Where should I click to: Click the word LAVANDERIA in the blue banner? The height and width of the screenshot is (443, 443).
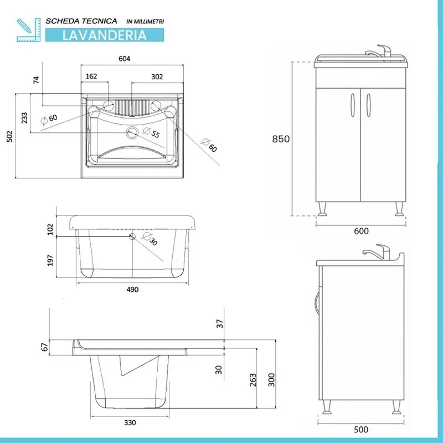(x=104, y=35)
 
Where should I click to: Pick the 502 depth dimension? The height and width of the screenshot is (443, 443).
(x=8, y=136)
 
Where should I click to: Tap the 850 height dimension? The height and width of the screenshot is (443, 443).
(x=281, y=139)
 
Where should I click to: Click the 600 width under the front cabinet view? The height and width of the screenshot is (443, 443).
(x=360, y=231)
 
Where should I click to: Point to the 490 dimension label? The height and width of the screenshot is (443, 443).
(x=132, y=290)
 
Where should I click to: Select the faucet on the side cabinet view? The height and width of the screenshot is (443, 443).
(x=381, y=251)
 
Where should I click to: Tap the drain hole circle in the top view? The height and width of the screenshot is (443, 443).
(x=132, y=132)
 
